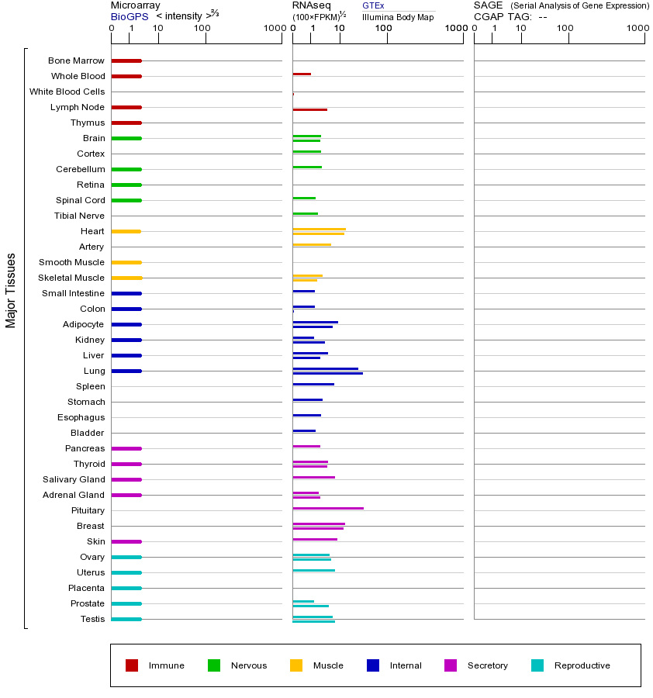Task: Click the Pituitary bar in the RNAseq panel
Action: click(328, 508)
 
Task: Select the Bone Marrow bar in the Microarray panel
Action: click(126, 60)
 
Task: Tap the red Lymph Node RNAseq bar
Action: click(310, 109)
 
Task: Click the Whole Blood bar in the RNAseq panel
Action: click(302, 74)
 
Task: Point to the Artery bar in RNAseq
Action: click(312, 244)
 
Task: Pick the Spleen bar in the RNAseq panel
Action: click(313, 384)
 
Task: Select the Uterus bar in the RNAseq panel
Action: click(314, 570)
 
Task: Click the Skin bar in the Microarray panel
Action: click(126, 541)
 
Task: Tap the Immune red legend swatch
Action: click(132, 665)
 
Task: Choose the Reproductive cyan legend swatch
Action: click(537, 665)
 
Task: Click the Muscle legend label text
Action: click(328, 665)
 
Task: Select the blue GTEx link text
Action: click(373, 5)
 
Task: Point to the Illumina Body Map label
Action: click(398, 16)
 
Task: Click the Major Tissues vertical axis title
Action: click(11, 290)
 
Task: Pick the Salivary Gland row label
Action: click(74, 479)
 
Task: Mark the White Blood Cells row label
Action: click(67, 92)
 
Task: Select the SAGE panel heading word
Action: click(488, 5)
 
